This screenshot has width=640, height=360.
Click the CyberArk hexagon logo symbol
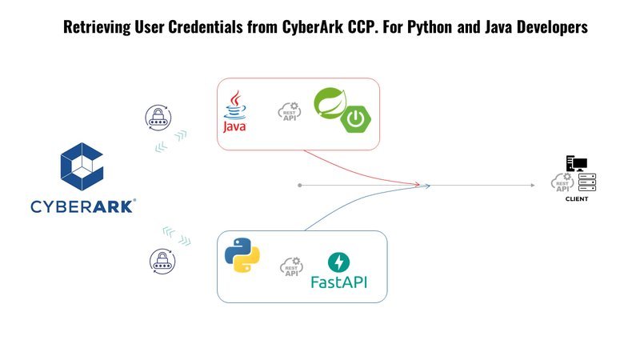(82, 166)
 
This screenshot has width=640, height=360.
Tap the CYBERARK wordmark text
(83, 206)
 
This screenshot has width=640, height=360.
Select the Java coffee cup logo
(234, 111)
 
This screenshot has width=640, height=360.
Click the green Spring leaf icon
(330, 104)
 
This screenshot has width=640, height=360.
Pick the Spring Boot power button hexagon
(356, 118)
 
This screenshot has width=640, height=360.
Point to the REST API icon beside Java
(290, 111)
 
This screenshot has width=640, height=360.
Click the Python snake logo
(242, 255)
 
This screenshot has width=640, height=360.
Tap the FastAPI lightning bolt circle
(338, 262)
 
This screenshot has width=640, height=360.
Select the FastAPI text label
(338, 282)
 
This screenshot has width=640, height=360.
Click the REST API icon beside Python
(291, 266)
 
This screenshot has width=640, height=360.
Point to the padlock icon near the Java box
(158, 118)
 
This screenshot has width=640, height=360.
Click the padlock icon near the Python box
(162, 262)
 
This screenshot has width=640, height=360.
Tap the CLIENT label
(577, 198)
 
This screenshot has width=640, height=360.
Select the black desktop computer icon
(576, 163)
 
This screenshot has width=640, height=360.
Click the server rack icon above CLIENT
(587, 182)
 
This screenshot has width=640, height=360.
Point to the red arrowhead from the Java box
(417, 185)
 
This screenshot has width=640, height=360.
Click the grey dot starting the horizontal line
(300, 186)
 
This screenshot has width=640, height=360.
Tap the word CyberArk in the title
(313, 27)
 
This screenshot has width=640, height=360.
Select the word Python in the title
(430, 27)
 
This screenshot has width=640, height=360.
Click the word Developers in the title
(552, 27)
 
